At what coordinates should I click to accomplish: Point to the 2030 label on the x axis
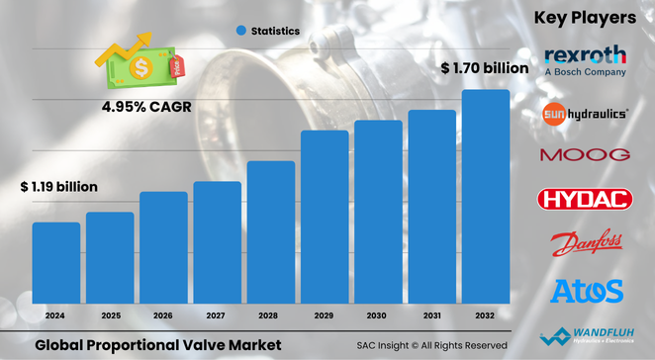click(x=378, y=315)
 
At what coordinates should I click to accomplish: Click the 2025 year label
click(x=110, y=315)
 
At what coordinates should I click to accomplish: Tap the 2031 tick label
click(x=431, y=315)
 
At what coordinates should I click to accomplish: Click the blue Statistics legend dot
click(x=240, y=32)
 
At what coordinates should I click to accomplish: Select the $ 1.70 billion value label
click(x=485, y=69)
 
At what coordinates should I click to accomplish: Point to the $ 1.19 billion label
click(x=59, y=185)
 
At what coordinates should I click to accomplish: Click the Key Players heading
click(x=584, y=18)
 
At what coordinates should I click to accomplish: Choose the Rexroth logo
click(x=585, y=59)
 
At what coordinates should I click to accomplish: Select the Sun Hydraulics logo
click(x=585, y=115)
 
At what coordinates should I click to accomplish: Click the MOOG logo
click(x=585, y=155)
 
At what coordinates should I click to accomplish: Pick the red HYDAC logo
click(x=585, y=200)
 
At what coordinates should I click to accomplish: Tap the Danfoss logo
click(x=585, y=244)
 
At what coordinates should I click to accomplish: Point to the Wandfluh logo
click(x=585, y=335)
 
